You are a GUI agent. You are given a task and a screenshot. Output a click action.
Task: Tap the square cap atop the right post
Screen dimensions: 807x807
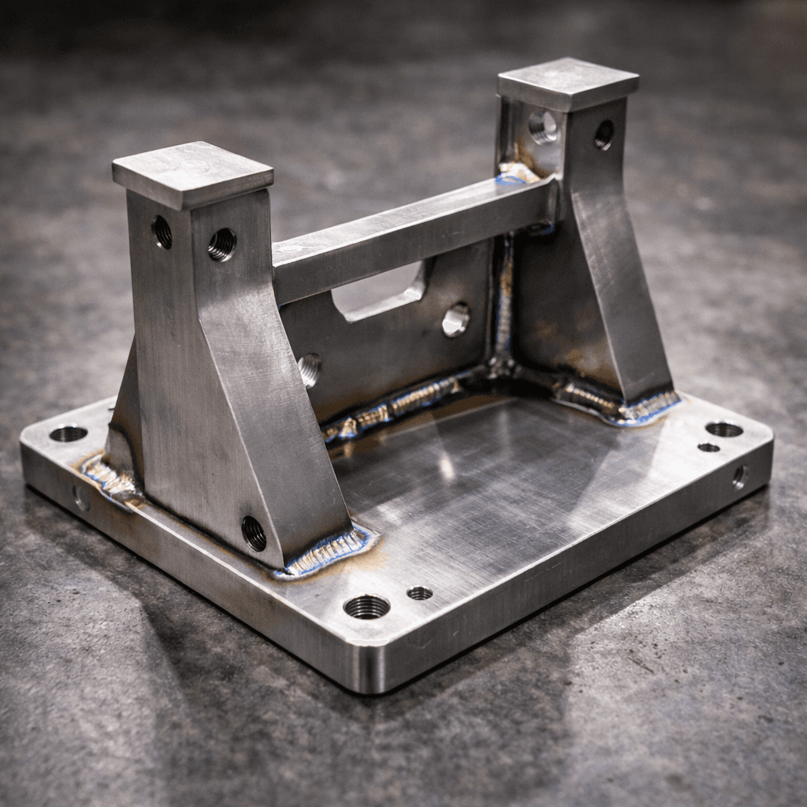pyautogui.click(x=567, y=82)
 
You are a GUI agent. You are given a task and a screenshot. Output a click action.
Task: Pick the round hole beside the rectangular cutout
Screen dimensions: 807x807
pyautogui.click(x=456, y=319)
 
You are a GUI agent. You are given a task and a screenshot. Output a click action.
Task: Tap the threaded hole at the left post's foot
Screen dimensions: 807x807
pyautogui.click(x=254, y=534)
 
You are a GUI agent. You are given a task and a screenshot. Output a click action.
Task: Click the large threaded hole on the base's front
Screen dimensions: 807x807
pyautogui.click(x=366, y=606)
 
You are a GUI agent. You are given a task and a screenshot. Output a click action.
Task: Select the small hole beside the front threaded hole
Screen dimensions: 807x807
pyautogui.click(x=419, y=593)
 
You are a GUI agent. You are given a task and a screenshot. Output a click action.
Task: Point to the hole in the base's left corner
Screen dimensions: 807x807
pyautogui.click(x=69, y=433)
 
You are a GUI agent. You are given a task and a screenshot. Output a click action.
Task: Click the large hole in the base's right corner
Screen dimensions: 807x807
pyautogui.click(x=723, y=430)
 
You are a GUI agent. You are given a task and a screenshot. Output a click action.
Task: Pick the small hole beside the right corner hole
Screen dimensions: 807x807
pyautogui.click(x=708, y=448)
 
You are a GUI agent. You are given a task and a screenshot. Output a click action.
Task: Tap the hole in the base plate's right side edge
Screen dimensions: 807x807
pyautogui.click(x=739, y=476)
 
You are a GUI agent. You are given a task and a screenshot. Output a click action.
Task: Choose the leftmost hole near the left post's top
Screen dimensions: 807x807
pyautogui.click(x=162, y=232)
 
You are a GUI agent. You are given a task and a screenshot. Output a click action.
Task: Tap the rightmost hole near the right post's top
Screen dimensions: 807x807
pyautogui.click(x=604, y=135)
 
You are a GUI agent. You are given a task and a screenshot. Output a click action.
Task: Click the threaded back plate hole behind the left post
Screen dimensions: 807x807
pyautogui.click(x=309, y=369)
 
